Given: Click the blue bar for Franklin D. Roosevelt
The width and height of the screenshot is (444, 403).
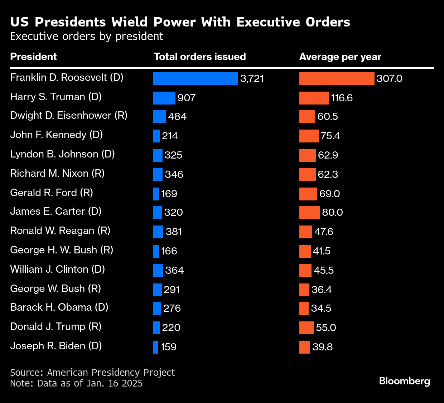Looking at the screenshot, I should [195, 79].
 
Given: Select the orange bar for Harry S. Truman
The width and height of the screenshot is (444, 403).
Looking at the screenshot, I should [314, 98].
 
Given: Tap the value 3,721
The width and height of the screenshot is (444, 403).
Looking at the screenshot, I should [252, 79].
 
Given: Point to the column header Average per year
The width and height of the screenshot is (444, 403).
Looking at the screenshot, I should [340, 57].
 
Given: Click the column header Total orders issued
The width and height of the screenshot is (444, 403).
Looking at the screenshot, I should [199, 57].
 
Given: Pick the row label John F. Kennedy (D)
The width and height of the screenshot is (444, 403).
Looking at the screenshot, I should [56, 135].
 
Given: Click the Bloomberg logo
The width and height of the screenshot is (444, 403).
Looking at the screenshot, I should [404, 381].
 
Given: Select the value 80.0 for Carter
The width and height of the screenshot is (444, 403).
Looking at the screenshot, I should [332, 213].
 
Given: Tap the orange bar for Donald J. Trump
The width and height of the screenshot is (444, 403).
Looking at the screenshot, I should [306, 328].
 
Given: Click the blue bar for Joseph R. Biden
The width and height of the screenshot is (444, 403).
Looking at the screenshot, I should [156, 347].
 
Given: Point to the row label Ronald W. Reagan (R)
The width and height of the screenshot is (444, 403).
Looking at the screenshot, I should [60, 231].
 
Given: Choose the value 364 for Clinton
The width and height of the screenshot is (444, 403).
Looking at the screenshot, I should [174, 270].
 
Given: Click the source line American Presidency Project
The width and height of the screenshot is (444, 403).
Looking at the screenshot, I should [92, 373].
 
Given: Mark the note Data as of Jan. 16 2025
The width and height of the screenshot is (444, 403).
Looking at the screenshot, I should [76, 383].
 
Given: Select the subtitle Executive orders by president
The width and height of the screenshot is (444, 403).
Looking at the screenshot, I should [86, 37].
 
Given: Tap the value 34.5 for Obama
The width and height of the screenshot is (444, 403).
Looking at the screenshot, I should [321, 309].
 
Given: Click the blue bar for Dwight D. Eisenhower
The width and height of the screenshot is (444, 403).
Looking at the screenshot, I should [159, 117].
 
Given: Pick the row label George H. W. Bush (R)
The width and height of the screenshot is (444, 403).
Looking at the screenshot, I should [62, 250].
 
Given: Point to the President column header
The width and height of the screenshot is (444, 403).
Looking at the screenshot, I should [33, 57].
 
